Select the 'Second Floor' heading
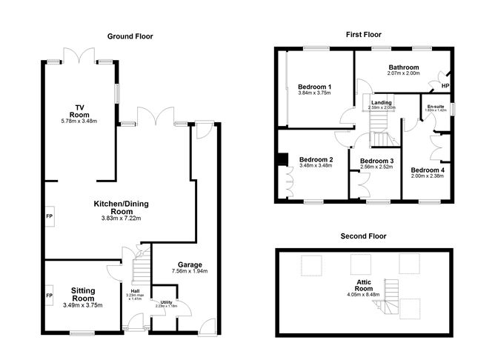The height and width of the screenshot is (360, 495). pos(365,236)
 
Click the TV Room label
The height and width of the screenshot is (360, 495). pos(79,110)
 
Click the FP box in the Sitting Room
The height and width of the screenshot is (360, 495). pos(49,296)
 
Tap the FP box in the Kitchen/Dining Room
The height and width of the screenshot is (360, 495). pos(49,216)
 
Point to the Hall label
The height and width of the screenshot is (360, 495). pos(135,291)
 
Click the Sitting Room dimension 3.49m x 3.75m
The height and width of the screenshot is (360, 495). pos(82,304)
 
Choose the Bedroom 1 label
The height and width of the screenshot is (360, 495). pos(314,87)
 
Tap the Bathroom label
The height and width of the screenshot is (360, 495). pos(404,67)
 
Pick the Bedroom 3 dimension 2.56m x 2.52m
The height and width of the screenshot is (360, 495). pos(376,167)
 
